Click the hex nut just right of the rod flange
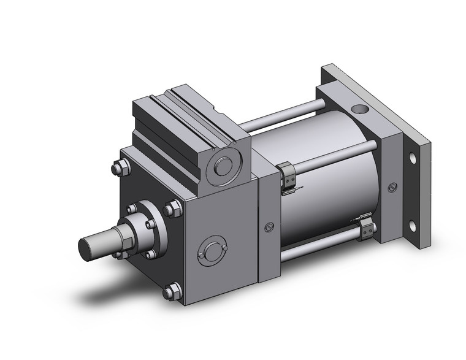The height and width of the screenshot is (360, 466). pos(172,210)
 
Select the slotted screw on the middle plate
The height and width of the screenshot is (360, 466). pos(268,228)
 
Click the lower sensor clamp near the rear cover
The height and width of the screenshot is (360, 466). pos(367,228)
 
